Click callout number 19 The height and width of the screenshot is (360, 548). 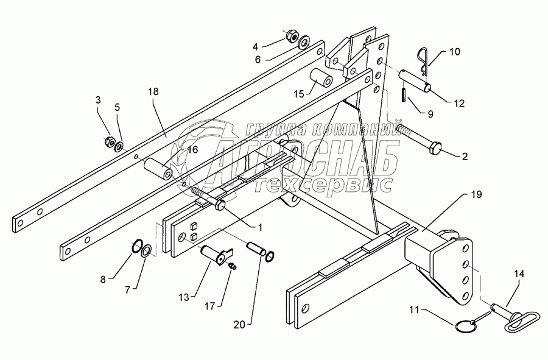pyautogui.click(x=476, y=195)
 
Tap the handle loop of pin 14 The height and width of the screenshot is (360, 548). pyautogui.click(x=521, y=319)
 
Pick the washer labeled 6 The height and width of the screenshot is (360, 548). pyautogui.click(x=303, y=41)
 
